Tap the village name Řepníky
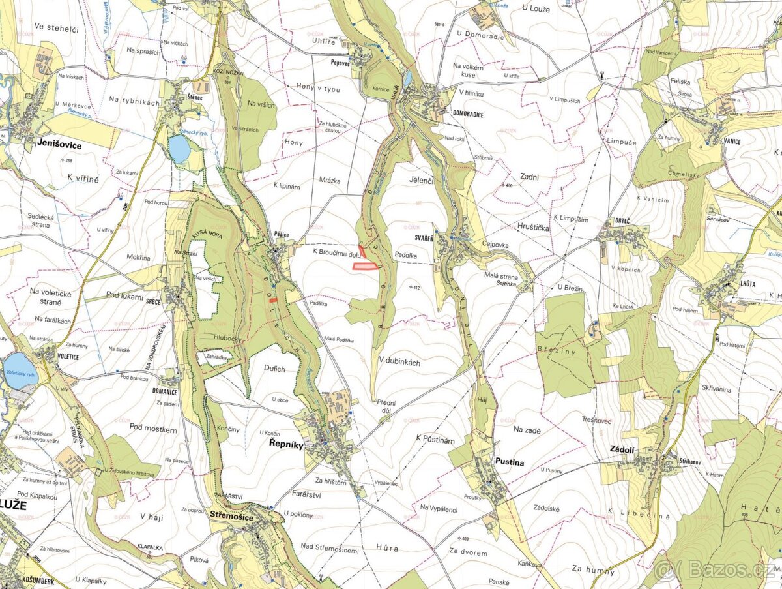coord(286,444)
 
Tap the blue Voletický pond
coord(19,370)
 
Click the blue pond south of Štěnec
coord(179,149)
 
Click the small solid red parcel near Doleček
coord(274,299)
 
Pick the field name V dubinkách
coord(399,361)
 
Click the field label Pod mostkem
coord(153,429)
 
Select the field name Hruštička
coord(530,228)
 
